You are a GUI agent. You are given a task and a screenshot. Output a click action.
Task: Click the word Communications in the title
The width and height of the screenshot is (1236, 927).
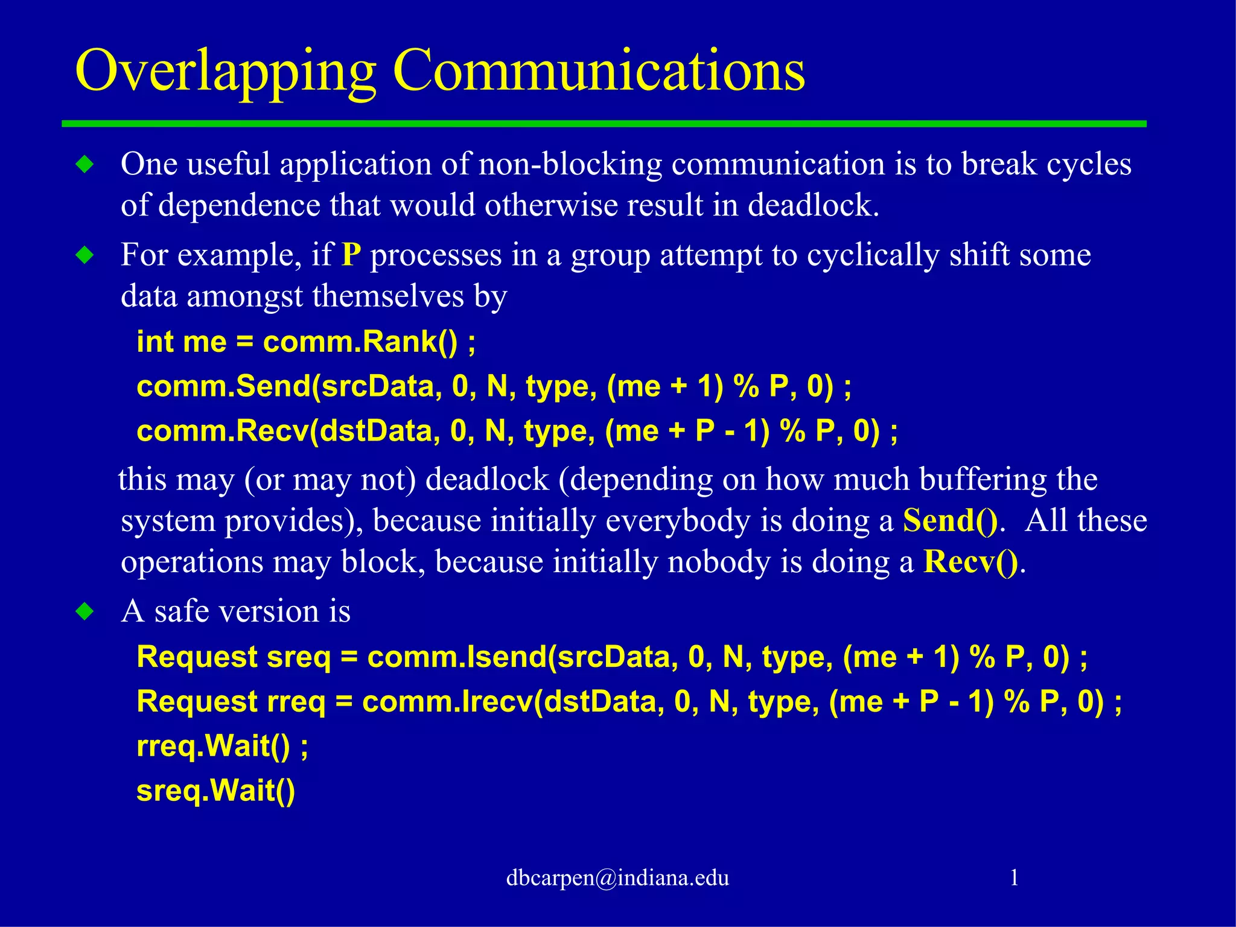pyautogui.click(x=599, y=71)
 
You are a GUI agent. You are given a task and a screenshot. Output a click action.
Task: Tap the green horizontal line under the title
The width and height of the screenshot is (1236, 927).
pyautogui.click(x=604, y=124)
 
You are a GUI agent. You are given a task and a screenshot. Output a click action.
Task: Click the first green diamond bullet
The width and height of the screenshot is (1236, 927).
pyautogui.click(x=85, y=164)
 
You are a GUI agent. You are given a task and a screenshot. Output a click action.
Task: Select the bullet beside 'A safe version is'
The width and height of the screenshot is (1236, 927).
pyautogui.click(x=85, y=611)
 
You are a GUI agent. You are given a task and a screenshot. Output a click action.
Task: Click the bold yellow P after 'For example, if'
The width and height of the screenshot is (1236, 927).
pyautogui.click(x=351, y=255)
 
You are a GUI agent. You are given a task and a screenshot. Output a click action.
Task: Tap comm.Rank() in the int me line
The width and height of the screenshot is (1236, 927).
pyautogui.click(x=360, y=342)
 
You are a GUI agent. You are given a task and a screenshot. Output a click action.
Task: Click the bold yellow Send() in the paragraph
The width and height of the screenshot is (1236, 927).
pyautogui.click(x=950, y=520)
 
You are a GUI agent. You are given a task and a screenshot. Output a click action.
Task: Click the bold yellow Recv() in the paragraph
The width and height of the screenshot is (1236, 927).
pyautogui.click(x=971, y=562)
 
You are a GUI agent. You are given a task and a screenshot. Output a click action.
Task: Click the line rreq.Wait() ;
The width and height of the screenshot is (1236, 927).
pyautogui.click(x=222, y=746)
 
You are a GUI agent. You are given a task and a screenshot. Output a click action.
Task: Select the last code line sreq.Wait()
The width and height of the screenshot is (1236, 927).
pyautogui.click(x=215, y=791)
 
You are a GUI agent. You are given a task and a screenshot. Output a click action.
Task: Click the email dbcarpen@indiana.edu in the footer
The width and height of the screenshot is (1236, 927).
pyautogui.click(x=617, y=878)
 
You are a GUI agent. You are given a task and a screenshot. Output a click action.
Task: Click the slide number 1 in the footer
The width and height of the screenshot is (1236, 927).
pyautogui.click(x=1014, y=878)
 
